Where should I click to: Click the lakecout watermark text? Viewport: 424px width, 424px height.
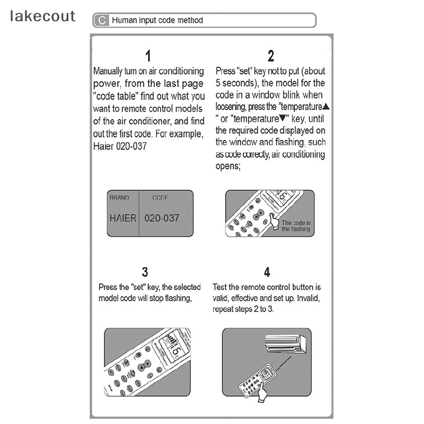43,16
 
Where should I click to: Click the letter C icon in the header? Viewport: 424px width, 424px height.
101,21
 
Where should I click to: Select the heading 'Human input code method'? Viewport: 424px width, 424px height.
157,21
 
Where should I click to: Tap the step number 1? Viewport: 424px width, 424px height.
148,56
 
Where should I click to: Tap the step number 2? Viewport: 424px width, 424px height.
271,56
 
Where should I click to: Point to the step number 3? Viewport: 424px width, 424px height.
145,272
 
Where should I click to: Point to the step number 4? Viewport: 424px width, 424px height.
267,272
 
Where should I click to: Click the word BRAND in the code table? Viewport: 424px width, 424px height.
119,198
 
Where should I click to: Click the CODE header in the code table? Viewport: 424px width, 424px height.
160,198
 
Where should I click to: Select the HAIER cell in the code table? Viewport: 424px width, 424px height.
123,218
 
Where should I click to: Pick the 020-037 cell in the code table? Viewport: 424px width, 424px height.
162,218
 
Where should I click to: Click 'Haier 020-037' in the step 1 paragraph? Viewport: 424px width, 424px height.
120,146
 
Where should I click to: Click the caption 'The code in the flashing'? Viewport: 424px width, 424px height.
296,226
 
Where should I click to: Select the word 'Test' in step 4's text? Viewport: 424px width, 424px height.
220,287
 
